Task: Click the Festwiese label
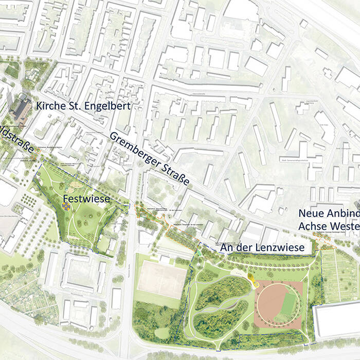coord(86,198)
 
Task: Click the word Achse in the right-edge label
coord(312,226)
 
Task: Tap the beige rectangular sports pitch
coord(162,280)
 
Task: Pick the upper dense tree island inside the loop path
coord(222,292)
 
